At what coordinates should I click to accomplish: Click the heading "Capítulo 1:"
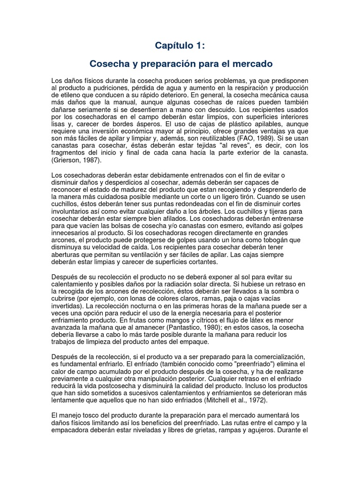[180, 45]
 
